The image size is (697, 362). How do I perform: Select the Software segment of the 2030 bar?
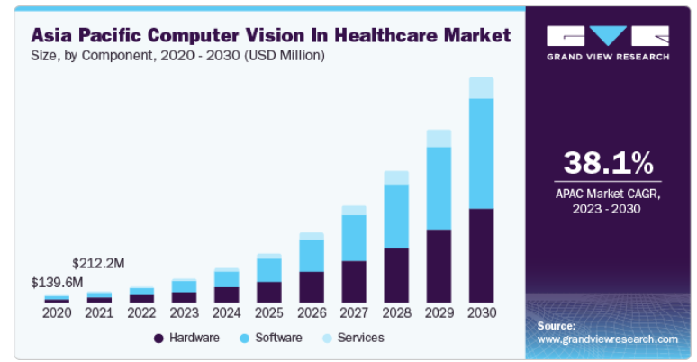click(482, 153)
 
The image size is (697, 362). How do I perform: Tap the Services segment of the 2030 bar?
click(482, 87)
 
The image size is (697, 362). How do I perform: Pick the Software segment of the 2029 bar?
click(439, 187)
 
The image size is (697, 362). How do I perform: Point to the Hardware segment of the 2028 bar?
click(396, 275)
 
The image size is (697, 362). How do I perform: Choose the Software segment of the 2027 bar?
click(354, 238)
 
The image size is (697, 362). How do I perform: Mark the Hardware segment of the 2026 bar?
click(312, 286)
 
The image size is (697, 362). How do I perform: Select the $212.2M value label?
click(99, 263)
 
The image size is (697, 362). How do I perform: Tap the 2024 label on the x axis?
click(227, 313)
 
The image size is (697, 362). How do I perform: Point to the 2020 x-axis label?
click(57, 313)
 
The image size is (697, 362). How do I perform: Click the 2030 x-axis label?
click(482, 313)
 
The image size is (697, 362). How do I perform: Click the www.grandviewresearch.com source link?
click(608, 339)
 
